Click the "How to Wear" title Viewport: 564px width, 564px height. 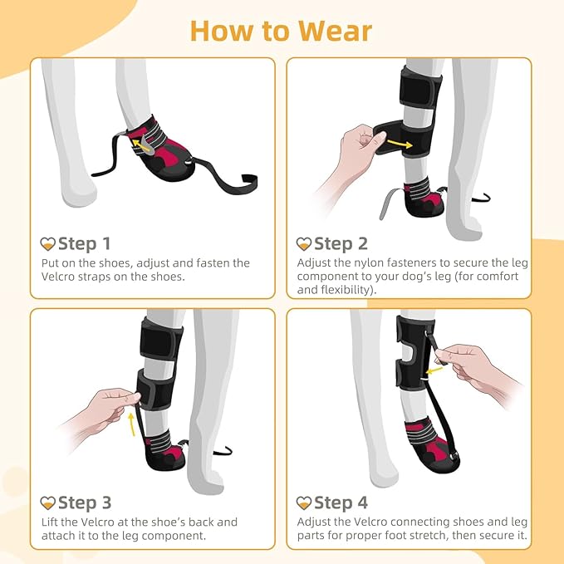coord(282,30)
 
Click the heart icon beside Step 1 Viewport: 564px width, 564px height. coord(48,244)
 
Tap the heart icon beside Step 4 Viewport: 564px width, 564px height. coord(304,503)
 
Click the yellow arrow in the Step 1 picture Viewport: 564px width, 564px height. coord(136,145)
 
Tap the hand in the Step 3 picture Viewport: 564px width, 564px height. coord(106,407)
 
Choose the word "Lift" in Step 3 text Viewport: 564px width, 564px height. coord(51,522)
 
